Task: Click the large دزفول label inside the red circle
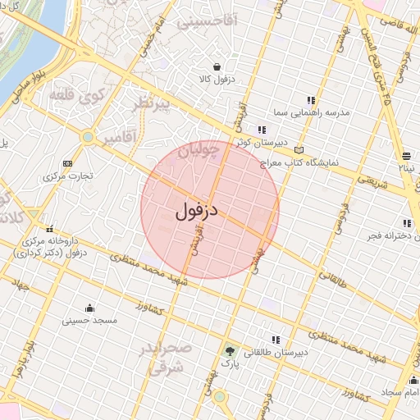pyautogui.click(x=197, y=211)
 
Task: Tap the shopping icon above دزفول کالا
pyautogui.click(x=217, y=67)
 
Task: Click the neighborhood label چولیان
pyautogui.click(x=199, y=149)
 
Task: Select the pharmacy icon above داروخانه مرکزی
pyautogui.click(x=50, y=229)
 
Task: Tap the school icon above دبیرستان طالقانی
pyautogui.click(x=276, y=340)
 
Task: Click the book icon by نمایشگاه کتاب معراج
pyautogui.click(x=298, y=151)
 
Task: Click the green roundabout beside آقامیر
pyautogui.click(x=87, y=136)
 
